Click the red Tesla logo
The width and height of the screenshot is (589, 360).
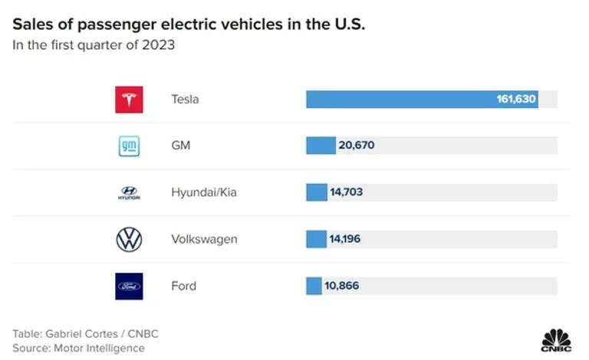[129, 100]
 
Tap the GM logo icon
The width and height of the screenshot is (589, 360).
[129, 146]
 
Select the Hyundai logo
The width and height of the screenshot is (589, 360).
[129, 193]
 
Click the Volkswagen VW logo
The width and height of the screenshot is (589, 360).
[129, 239]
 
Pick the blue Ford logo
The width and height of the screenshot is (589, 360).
[129, 286]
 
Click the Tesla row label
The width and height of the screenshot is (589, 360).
[185, 100]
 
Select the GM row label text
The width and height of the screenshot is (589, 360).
[182, 146]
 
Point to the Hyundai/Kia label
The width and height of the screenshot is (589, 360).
[204, 192]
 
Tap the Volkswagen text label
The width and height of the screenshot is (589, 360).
[204, 239]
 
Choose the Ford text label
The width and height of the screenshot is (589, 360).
[184, 286]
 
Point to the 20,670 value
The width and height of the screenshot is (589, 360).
[357, 146]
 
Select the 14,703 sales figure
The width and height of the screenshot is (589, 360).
[346, 192]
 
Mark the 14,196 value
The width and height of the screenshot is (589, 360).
[345, 239]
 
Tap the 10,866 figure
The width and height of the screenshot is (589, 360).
[341, 286]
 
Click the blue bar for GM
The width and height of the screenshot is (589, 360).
[321, 146]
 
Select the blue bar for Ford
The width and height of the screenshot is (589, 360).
[314, 286]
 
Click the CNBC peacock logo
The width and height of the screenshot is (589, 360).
[557, 339]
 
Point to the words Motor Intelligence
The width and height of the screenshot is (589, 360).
[99, 348]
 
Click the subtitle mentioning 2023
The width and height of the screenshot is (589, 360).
[94, 44]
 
